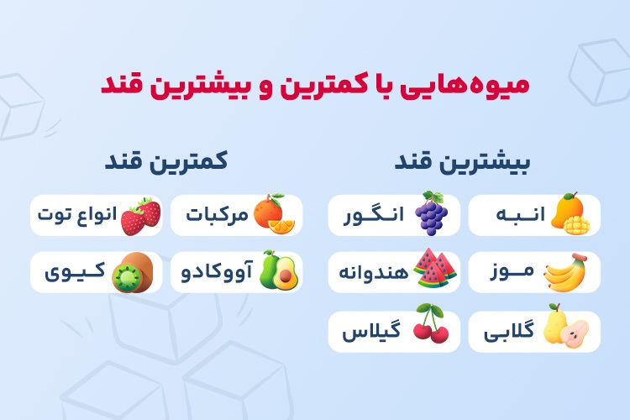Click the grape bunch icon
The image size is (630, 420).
pyautogui.click(x=432, y=213)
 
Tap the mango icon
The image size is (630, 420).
pyautogui.click(x=570, y=213)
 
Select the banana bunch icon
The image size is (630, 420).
pyautogui.click(x=565, y=272)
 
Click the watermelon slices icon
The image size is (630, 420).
pyautogui.click(x=435, y=268)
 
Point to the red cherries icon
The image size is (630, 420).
pyautogui.click(x=431, y=324)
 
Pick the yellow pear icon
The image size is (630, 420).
pyautogui.click(x=565, y=326)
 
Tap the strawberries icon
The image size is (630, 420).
pyautogui.click(x=140, y=216)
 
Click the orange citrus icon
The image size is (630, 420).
pyautogui.click(x=274, y=214)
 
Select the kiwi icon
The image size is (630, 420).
pyautogui.click(x=133, y=272)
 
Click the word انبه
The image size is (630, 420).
pyautogui.click(x=521, y=214)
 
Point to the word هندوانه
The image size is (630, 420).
pyautogui.click(x=374, y=272)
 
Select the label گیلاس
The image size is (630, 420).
pyautogui.click(x=371, y=332)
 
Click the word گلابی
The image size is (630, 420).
pyautogui.click(x=509, y=332)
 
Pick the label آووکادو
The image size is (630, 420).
pyautogui.click(x=217, y=271)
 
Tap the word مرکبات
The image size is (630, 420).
pyautogui.click(x=217, y=215)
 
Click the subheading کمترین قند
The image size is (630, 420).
pyautogui.click(x=166, y=161)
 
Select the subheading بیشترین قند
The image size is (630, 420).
pyautogui.click(x=463, y=162)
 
